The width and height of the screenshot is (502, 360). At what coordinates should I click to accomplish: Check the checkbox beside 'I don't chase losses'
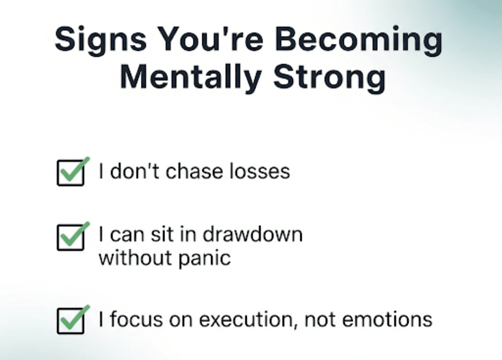pyautogui.click(x=71, y=173)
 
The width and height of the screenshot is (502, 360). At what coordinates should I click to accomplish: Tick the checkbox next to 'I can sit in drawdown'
pyautogui.click(x=71, y=237)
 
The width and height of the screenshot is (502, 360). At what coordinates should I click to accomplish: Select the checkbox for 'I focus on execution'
pyautogui.click(x=71, y=321)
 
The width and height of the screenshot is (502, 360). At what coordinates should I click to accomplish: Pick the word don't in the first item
pyautogui.click(x=134, y=171)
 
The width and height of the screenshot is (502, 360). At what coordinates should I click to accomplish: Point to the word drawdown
pyautogui.click(x=252, y=234)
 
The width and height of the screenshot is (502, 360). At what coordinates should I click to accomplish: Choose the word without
pyautogui.click(x=135, y=258)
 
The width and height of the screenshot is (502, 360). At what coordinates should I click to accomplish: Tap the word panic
pyautogui.click(x=204, y=259)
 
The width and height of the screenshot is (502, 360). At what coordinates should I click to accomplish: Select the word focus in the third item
pyautogui.click(x=136, y=319)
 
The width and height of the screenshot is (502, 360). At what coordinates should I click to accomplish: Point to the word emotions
pyautogui.click(x=387, y=320)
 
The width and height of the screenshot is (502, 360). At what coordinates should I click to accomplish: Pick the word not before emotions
pyautogui.click(x=320, y=320)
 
